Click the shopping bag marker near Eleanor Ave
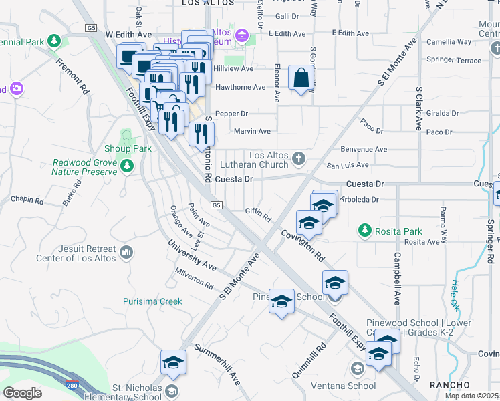pyautogui.click(x=301, y=77)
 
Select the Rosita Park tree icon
pyautogui.click(x=365, y=230)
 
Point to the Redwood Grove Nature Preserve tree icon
pyautogui.click(x=126, y=166)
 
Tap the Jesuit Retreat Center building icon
pyautogui.click(x=127, y=253)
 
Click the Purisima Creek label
pyautogui.click(x=152, y=301)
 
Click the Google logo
pyautogui.click(x=22, y=392)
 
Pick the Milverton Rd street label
pyautogui.click(x=193, y=279)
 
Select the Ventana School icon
pyautogui.click(x=358, y=368)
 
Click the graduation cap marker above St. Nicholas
pyautogui.click(x=174, y=362)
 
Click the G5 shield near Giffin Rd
pyautogui.click(x=216, y=205)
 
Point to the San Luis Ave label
pyautogui.click(x=347, y=164)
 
